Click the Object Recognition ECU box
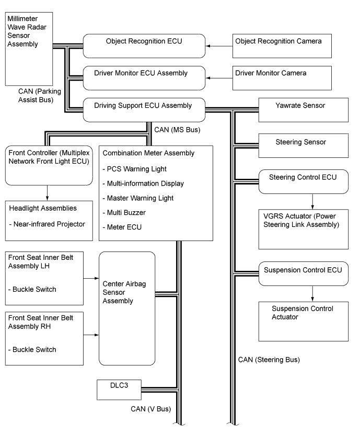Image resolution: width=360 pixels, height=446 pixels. [143, 46]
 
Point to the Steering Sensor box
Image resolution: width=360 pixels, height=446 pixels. [295, 145]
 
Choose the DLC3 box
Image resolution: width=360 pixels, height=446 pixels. [118, 390]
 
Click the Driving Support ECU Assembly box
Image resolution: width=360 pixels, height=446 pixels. [143, 110]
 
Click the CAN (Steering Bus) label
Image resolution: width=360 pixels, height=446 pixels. [269, 360]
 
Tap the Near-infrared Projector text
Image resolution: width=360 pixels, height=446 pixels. [47, 224]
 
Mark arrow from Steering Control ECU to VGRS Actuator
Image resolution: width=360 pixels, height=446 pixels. [312, 201]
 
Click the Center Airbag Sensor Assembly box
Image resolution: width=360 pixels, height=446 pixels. [127, 308]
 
